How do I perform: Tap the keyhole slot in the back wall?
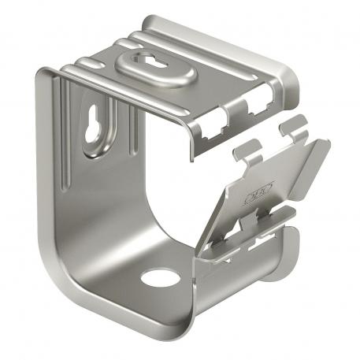pos(95,128)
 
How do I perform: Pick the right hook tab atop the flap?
pos(292,125)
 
